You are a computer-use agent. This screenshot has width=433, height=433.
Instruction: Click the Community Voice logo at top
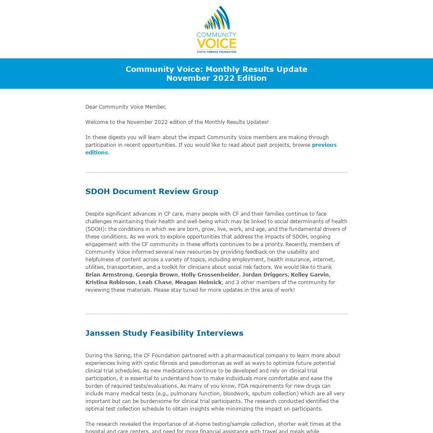216,29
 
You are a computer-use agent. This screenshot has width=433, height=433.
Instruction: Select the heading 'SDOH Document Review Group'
152,191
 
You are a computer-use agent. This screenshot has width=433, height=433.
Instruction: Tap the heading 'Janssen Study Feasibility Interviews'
164,333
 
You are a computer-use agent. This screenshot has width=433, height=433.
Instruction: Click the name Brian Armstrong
109,275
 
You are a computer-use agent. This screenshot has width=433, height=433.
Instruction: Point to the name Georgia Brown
156,275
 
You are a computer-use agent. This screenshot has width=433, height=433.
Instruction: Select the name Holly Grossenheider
210,275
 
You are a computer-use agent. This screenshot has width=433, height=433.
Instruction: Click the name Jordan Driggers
265,275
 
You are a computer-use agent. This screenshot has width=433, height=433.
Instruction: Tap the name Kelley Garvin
310,275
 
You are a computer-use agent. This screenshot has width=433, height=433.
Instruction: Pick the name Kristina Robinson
110,282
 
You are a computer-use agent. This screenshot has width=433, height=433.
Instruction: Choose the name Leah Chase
155,282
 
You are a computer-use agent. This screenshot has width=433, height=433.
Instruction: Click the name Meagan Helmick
198,282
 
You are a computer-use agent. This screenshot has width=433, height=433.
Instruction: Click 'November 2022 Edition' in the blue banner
216,78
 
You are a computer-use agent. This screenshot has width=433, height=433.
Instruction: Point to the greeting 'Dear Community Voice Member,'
126,107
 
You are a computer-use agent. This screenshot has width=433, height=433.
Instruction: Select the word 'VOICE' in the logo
216,44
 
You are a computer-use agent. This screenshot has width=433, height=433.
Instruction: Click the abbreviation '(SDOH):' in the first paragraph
96,229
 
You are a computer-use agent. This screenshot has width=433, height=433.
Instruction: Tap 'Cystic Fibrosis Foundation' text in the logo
216,52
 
